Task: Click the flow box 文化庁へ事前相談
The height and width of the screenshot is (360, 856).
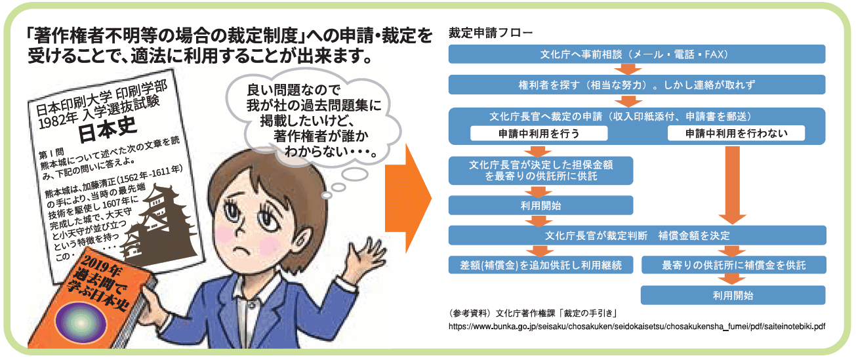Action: tap(637, 54)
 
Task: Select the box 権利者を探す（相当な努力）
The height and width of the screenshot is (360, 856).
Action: tap(637, 85)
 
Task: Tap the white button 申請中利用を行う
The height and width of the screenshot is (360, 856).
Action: tap(539, 133)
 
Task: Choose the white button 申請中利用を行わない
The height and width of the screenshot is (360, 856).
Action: tap(736, 133)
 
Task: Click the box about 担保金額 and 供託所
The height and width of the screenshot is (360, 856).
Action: tap(540, 170)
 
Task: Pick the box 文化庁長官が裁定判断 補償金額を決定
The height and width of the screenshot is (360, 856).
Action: tap(637, 235)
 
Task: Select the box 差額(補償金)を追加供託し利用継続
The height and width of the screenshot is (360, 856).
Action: tap(540, 265)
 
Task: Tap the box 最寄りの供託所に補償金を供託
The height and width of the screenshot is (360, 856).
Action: tap(734, 265)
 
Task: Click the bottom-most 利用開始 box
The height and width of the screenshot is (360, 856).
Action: tap(733, 295)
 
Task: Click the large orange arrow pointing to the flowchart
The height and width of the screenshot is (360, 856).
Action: tap(408, 198)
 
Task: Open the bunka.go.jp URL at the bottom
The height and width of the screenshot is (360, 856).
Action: tap(637, 327)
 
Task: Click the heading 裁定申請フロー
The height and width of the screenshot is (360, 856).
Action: tap(490, 33)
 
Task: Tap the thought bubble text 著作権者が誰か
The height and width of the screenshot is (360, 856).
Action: tap(321, 136)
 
